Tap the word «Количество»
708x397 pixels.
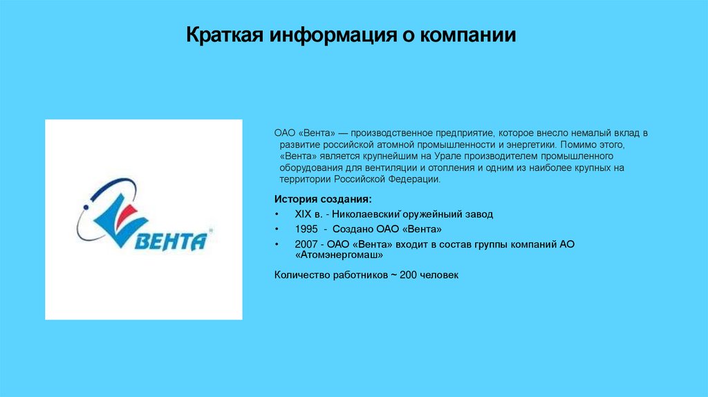click(302, 275)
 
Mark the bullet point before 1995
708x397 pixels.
click(277, 229)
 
